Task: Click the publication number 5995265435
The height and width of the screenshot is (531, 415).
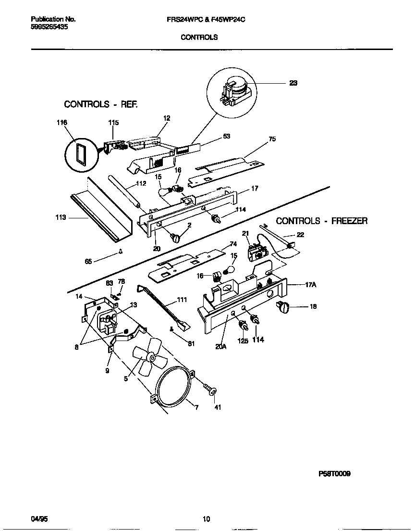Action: click(49, 28)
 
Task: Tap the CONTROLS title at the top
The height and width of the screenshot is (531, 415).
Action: click(199, 37)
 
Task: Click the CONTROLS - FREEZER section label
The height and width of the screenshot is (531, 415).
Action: click(322, 221)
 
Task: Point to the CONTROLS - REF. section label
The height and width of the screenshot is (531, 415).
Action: click(101, 104)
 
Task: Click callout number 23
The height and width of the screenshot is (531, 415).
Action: click(293, 83)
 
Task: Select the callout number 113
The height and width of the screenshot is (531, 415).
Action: click(61, 217)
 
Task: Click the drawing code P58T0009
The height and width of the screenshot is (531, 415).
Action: click(334, 473)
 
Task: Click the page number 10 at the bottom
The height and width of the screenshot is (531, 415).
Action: click(206, 519)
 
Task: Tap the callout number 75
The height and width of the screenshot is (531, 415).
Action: click(272, 139)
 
